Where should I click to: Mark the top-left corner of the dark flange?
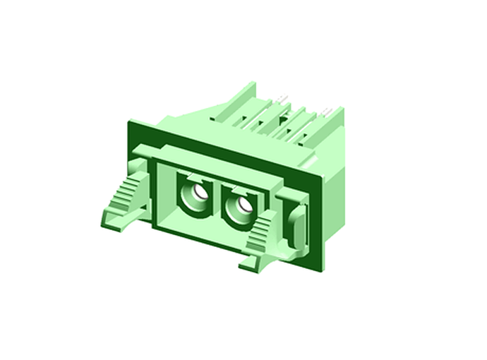[x=129, y=122]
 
